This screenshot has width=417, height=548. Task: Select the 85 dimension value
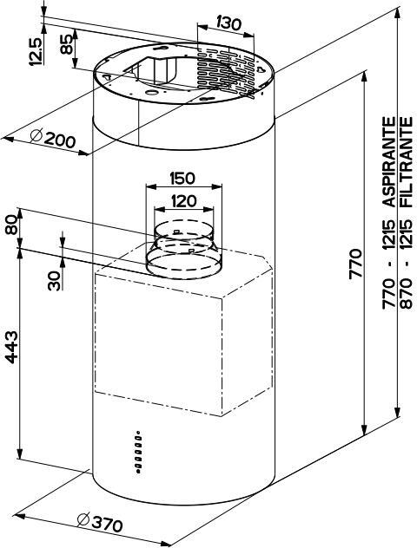66,46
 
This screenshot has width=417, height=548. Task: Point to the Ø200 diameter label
52,139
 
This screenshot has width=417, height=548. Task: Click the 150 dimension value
182,179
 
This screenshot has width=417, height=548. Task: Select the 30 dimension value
54,279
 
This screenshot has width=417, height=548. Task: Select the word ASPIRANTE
390,162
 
